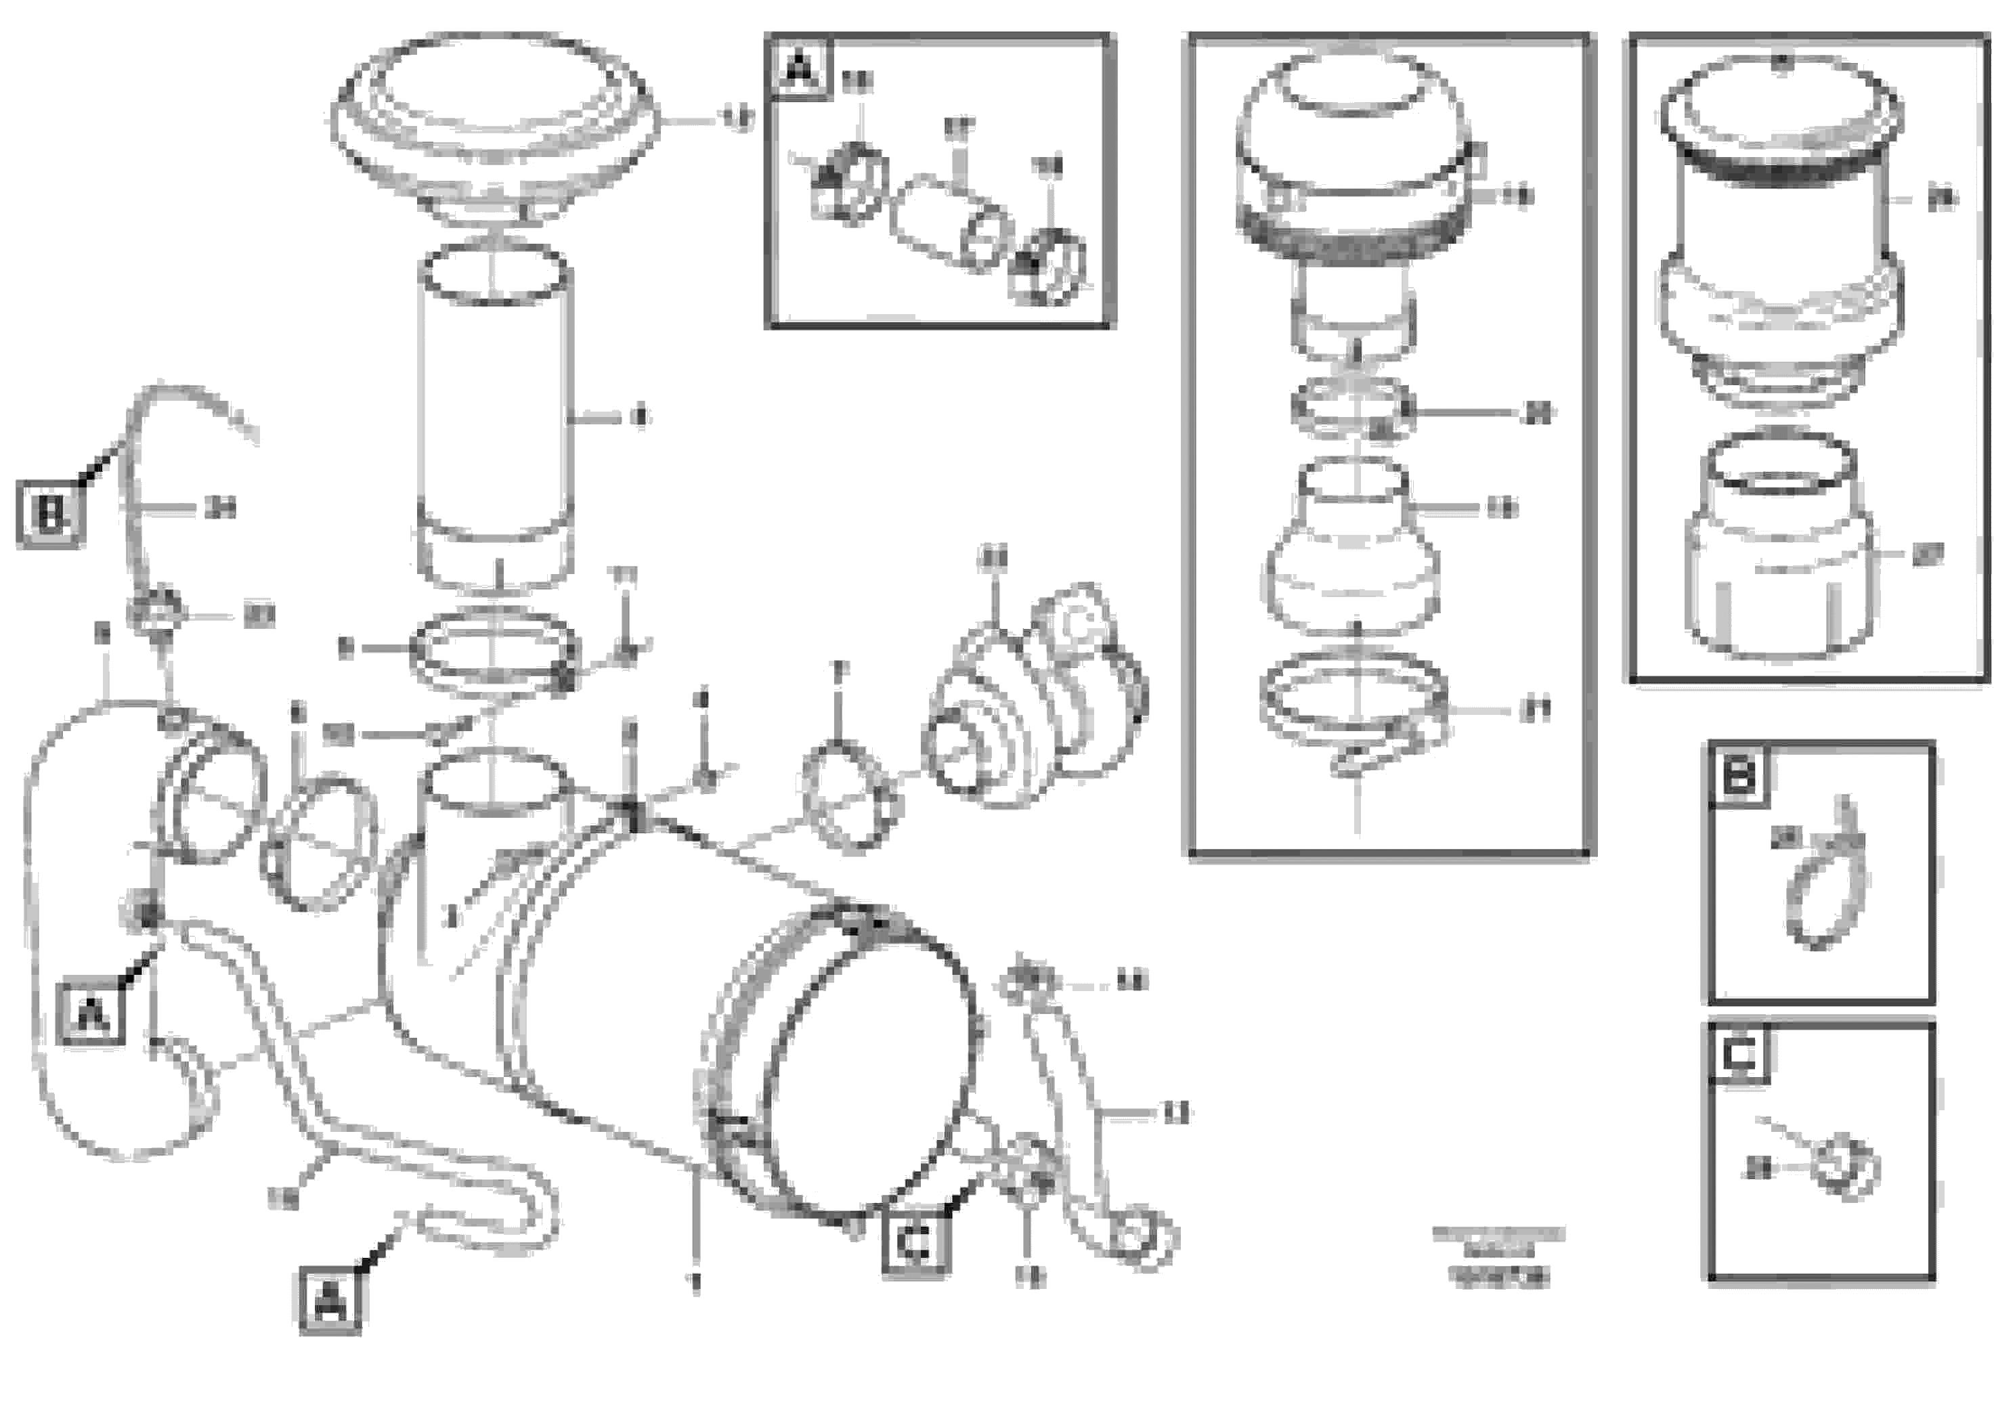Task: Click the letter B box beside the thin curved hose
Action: pyautogui.click(x=50, y=515)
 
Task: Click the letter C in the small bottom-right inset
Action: pyautogui.click(x=1739, y=1056)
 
